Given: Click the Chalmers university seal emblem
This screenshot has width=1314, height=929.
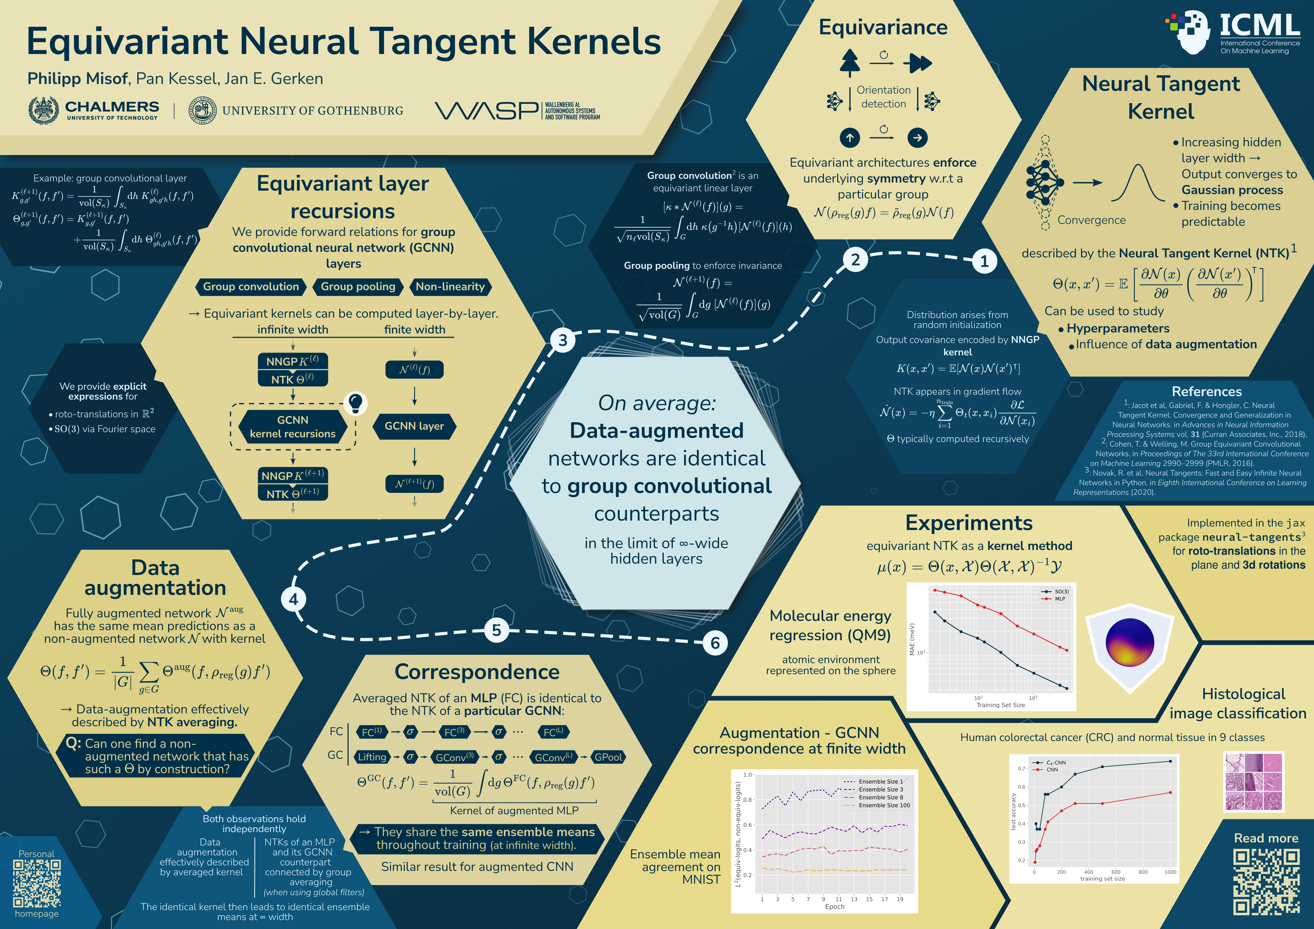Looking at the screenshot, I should pos(43,110).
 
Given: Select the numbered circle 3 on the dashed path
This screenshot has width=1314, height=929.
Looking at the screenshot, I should pos(563,340).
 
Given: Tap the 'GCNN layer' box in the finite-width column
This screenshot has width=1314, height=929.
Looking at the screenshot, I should pos(414,426).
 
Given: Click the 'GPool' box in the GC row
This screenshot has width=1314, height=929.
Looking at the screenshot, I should pos(608,757).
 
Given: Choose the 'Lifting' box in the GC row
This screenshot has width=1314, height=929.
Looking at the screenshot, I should pos(372,757).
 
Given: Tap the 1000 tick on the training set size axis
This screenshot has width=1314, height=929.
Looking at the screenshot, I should pos(1170,872).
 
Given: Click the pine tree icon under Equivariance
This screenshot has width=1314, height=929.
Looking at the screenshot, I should pos(850,62).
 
